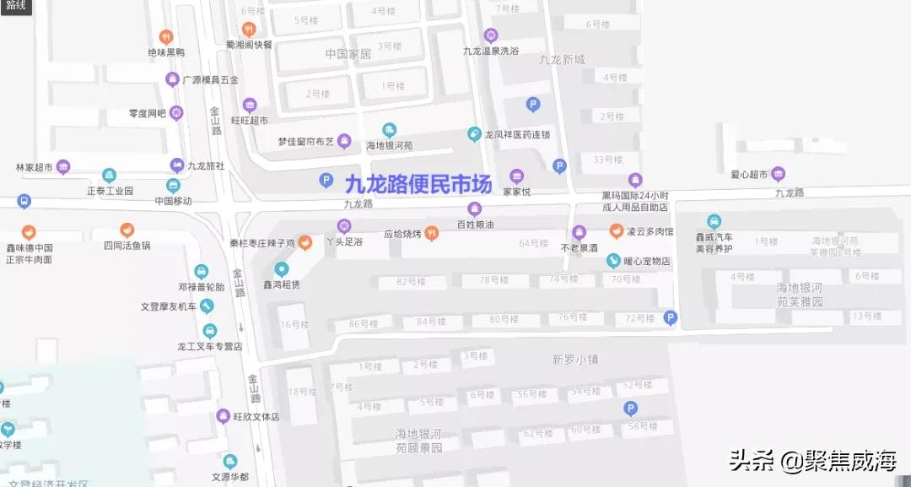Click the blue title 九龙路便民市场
pyautogui.click(x=418, y=184)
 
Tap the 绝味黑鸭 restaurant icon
pyautogui.click(x=166, y=36)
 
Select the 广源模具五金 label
pyautogui.click(x=211, y=80)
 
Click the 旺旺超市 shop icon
pyautogui.click(x=250, y=105)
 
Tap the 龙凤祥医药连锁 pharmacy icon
pyautogui.click(x=474, y=134)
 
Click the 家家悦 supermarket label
pyautogui.click(x=516, y=192)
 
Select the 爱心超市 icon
pyautogui.click(x=779, y=175)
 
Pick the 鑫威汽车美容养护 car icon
pyautogui.click(x=714, y=222)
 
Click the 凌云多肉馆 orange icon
pyautogui.click(x=617, y=231)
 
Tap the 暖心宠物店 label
pyautogui.click(x=648, y=262)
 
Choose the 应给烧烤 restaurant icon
pyautogui.click(x=432, y=234)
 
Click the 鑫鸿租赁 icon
pyautogui.click(x=282, y=269)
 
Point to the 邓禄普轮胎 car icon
pyautogui.click(x=201, y=271)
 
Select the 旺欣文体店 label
pyautogui.click(x=256, y=417)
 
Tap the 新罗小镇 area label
pyautogui.click(x=574, y=359)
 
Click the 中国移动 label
pyautogui.click(x=173, y=201)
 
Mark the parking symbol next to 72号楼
pyautogui.click(x=671, y=317)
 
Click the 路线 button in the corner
pyautogui.click(x=15, y=6)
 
